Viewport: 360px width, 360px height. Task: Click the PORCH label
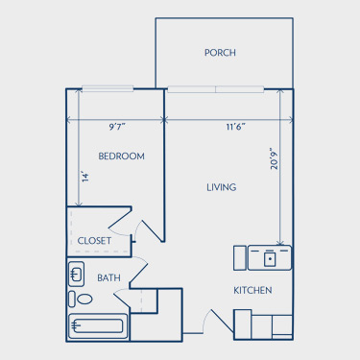[220, 53]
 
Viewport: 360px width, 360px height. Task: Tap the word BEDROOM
[121, 156]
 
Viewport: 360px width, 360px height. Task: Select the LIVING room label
[222, 187]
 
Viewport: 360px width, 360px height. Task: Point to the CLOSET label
[94, 241]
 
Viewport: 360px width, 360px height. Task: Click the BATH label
[108, 277]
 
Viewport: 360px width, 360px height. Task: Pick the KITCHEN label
[252, 290]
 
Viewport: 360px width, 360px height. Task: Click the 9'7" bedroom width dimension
[117, 127]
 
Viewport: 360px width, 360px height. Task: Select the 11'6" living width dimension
[236, 127]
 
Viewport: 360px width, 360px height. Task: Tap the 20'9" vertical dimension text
[275, 158]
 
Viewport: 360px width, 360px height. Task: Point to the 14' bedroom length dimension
[84, 177]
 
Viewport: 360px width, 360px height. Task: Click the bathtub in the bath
[98, 326]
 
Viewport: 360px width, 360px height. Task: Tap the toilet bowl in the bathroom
[85, 300]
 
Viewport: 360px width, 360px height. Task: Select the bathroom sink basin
[76, 274]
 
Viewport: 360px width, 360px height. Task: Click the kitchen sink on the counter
[270, 258]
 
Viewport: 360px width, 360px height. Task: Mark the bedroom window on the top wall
[108, 88]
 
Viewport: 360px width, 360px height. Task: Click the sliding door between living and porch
[216, 89]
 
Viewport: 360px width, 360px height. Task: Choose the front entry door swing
[219, 322]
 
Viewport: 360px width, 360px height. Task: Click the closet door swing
[120, 222]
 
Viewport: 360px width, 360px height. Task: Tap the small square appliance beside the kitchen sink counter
[240, 258]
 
